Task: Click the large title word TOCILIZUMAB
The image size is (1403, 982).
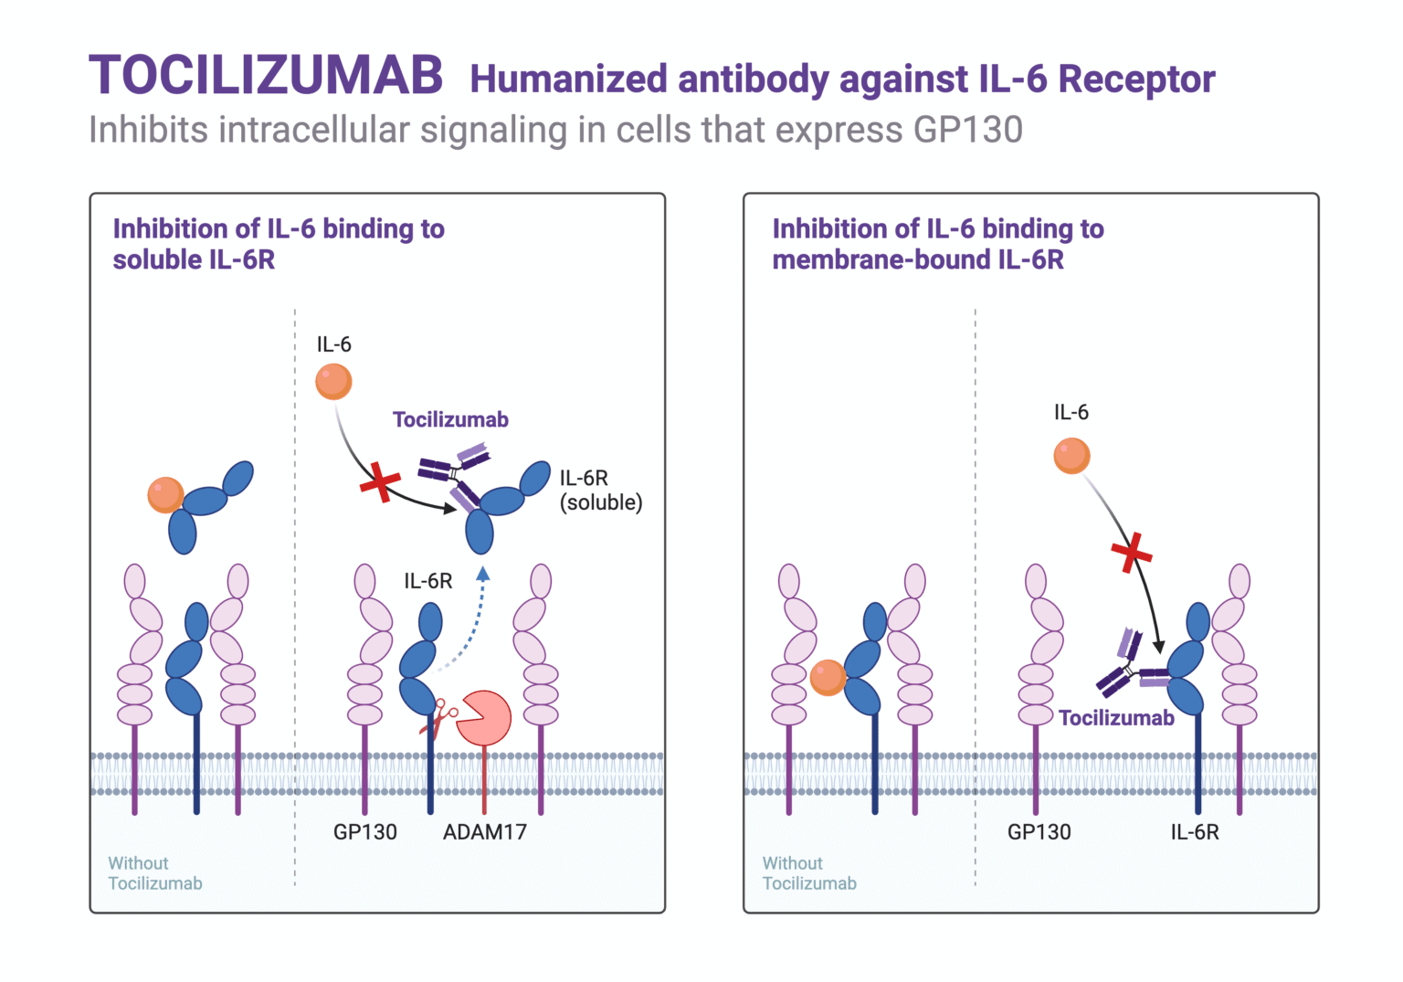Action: tap(266, 76)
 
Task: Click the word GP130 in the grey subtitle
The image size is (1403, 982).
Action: tap(967, 130)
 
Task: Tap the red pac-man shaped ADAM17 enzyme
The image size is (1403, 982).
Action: tap(483, 718)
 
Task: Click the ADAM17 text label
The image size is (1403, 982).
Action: tap(484, 831)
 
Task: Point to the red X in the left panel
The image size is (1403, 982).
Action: tap(380, 481)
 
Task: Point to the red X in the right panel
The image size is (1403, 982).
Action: tap(1131, 552)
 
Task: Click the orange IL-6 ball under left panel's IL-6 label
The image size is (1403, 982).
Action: tap(333, 381)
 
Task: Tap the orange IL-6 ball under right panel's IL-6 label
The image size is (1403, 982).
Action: tap(1071, 455)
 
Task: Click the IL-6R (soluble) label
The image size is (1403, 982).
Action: tap(600, 491)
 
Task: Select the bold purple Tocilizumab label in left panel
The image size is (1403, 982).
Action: tap(450, 419)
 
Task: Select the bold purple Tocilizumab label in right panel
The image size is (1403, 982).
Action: tap(1116, 718)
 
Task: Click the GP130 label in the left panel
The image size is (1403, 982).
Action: tap(364, 831)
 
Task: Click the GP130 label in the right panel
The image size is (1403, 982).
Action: tap(1039, 831)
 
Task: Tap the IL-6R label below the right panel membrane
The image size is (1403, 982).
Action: tap(1194, 831)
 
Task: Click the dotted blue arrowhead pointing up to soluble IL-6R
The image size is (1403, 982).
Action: tap(482, 574)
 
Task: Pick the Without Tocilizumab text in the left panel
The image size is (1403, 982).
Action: tap(154, 873)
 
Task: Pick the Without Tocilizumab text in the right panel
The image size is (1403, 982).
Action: tap(809, 873)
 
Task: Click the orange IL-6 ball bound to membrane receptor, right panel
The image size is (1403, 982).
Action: tap(828, 677)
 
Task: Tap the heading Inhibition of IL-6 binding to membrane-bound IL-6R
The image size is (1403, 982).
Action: tap(937, 244)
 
